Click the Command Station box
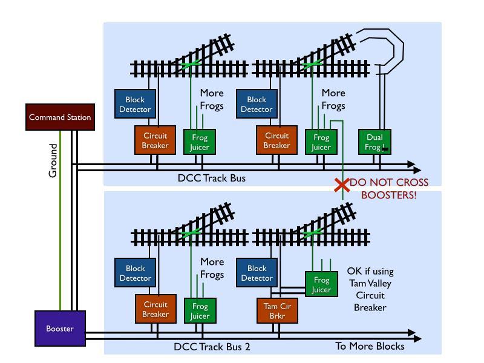[x=60, y=117]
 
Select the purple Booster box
[x=60, y=329]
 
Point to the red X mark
[x=342, y=185]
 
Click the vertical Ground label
[x=53, y=160]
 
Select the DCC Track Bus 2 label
[x=212, y=347]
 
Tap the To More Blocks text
[x=370, y=346]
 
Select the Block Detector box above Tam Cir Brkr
[x=257, y=273]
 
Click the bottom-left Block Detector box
[x=135, y=273]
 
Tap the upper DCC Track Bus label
[x=212, y=178]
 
